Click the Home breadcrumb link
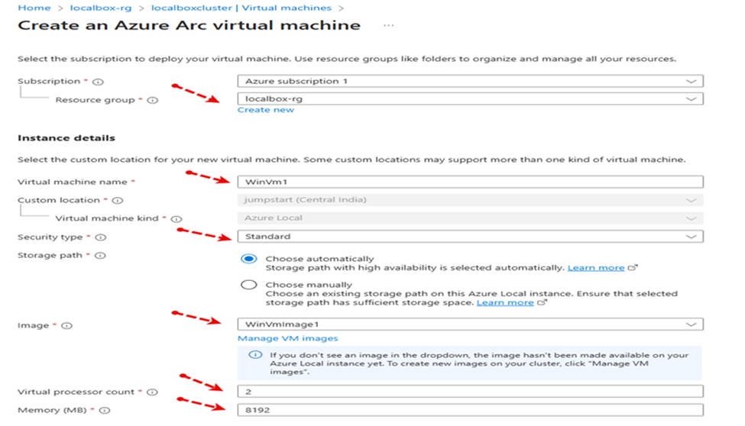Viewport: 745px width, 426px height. point(34,8)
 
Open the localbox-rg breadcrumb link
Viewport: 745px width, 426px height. point(101,8)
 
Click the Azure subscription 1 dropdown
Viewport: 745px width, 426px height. point(470,81)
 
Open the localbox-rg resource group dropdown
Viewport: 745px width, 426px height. point(470,98)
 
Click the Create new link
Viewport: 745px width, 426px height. point(266,110)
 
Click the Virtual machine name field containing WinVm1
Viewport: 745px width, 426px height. point(470,182)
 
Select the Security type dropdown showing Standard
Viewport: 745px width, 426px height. point(470,237)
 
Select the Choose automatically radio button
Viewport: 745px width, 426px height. point(249,259)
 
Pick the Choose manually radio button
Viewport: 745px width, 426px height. point(249,285)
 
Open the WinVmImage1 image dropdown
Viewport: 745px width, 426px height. point(470,324)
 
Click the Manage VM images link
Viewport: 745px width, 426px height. point(287,338)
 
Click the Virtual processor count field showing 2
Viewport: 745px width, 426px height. point(470,392)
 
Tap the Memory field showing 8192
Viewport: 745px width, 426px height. point(470,410)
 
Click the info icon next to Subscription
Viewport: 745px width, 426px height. point(98,82)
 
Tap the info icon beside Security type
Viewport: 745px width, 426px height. point(101,237)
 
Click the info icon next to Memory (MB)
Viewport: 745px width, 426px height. point(105,410)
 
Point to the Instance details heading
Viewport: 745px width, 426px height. point(66,138)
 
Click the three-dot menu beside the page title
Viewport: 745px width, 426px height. point(389,25)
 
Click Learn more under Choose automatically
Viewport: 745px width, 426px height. point(596,268)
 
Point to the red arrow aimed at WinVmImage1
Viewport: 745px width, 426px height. point(196,318)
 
